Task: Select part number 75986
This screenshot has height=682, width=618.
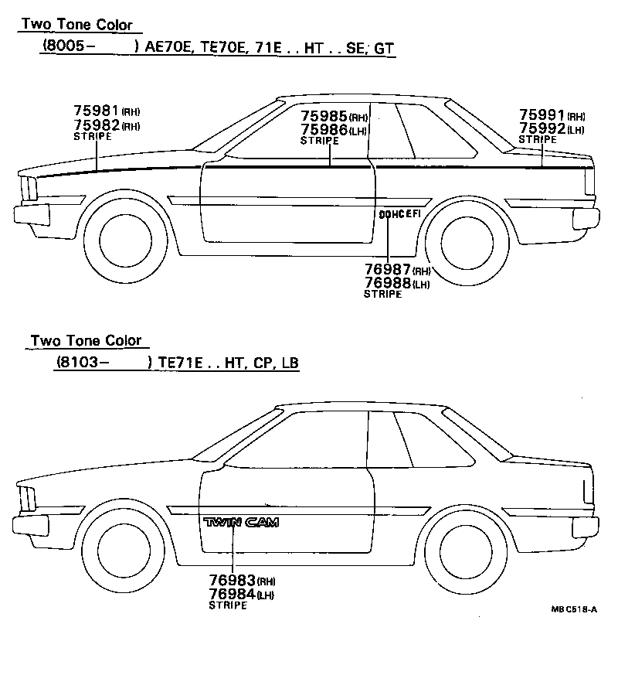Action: (324, 131)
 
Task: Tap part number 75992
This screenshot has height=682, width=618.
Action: (542, 128)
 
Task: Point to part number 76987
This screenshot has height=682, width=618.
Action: (388, 271)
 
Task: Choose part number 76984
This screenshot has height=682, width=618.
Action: (232, 594)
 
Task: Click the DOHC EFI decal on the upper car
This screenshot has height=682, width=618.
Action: (399, 214)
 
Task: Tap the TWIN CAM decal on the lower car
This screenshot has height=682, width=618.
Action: (240, 523)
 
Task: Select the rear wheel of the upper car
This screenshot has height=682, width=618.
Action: (466, 237)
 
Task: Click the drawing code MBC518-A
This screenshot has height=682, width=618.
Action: (573, 609)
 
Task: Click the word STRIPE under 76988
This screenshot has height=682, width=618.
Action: (382, 294)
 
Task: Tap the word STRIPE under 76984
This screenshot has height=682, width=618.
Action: (228, 605)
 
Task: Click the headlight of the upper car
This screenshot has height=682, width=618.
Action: (29, 189)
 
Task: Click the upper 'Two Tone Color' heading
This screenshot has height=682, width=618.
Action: (76, 25)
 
